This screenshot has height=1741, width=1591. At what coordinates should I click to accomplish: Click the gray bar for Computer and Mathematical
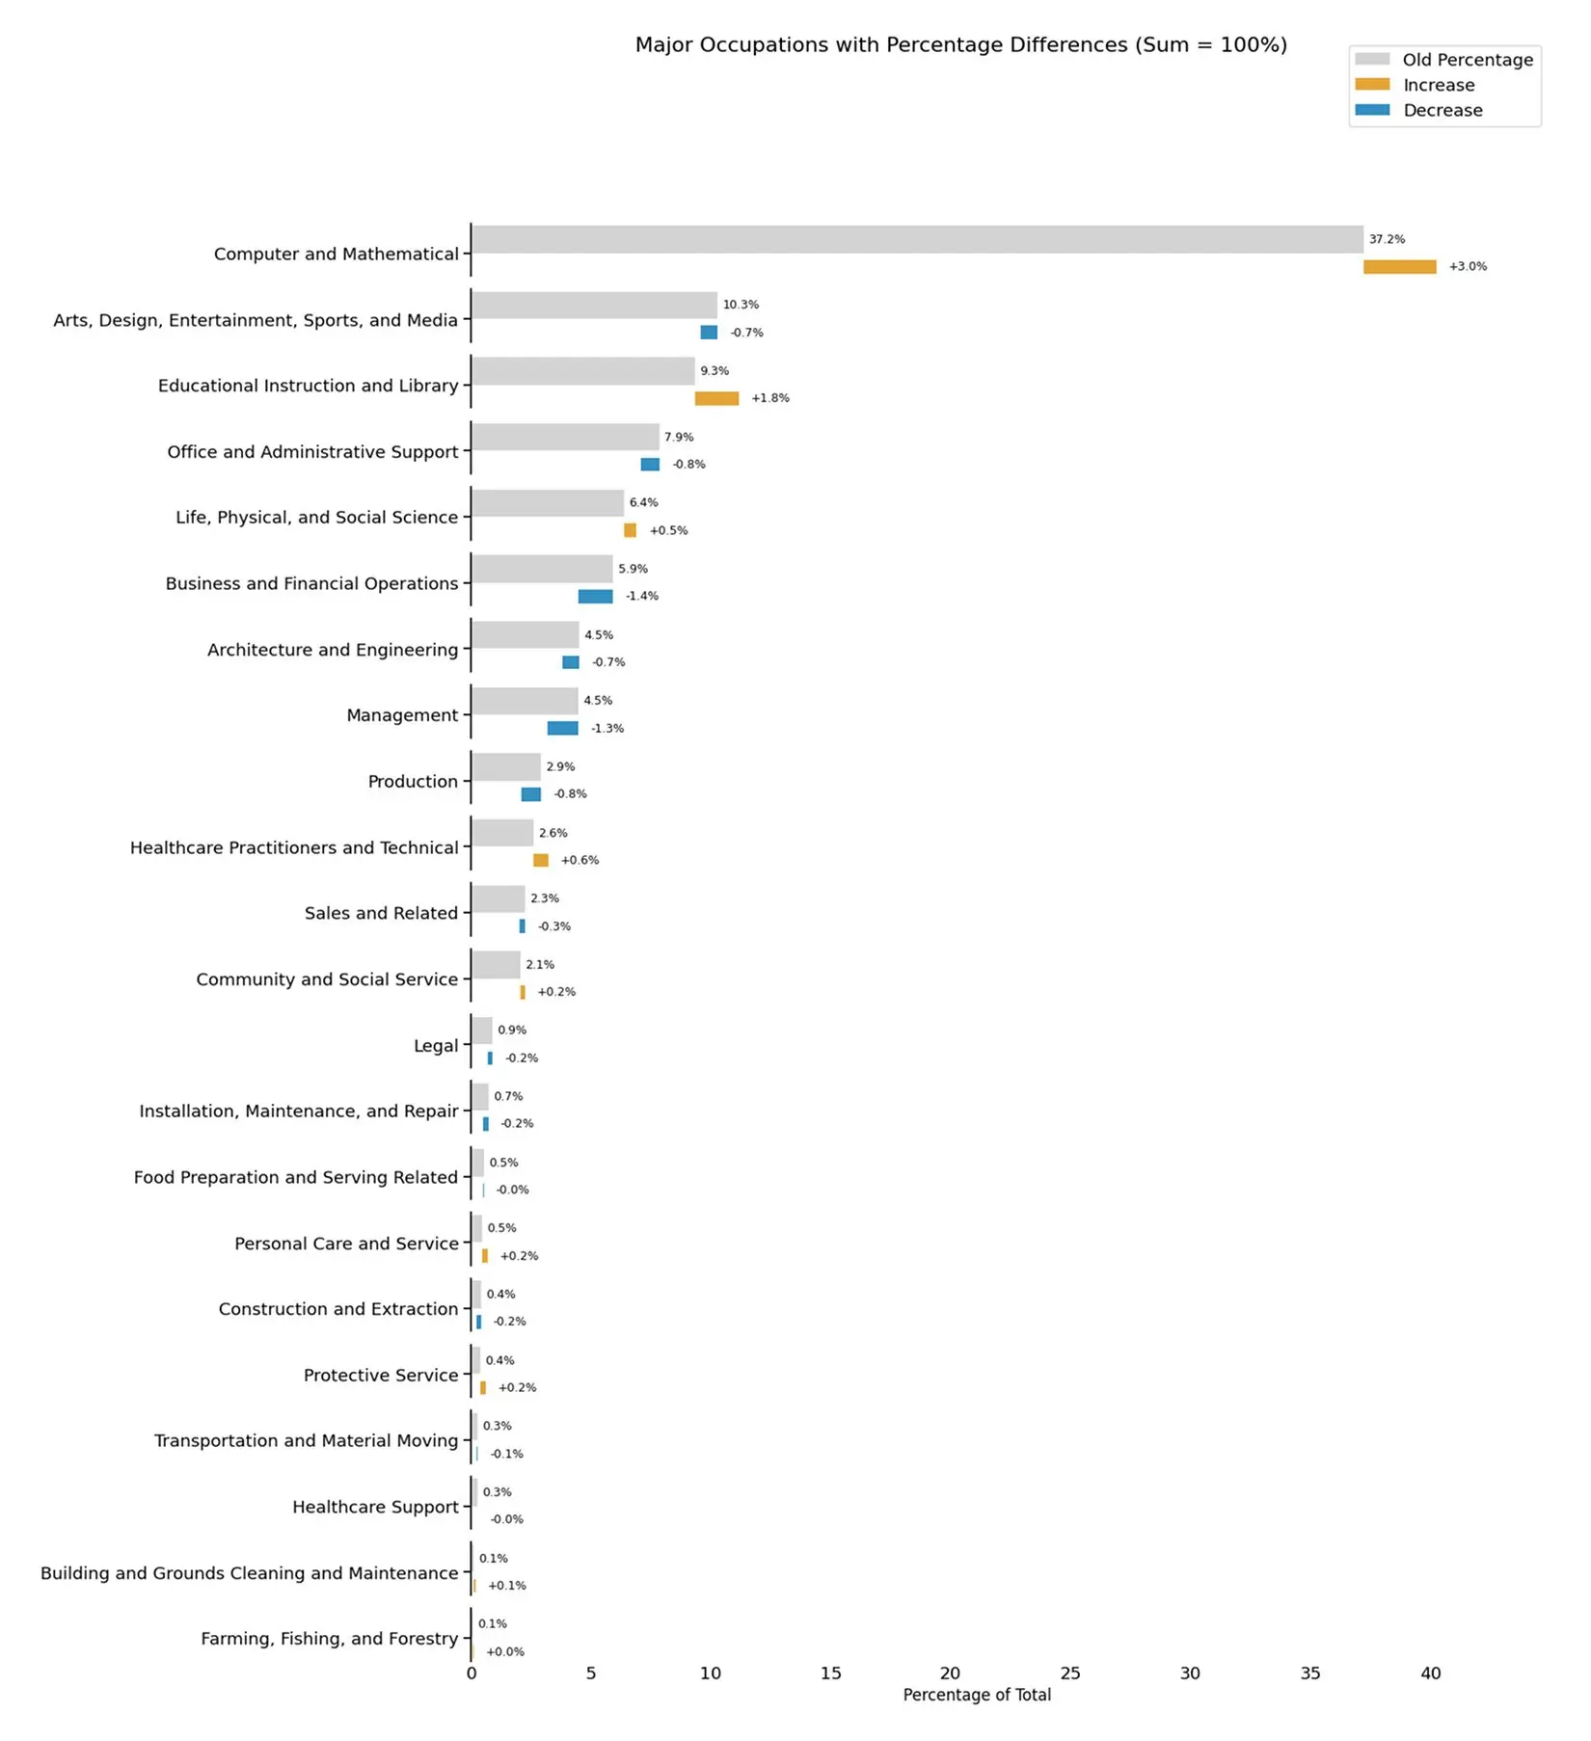pyautogui.click(x=916, y=239)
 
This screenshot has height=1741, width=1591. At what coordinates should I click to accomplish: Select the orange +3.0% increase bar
pyautogui.click(x=1399, y=267)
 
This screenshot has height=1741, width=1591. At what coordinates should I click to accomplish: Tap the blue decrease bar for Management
pyautogui.click(x=562, y=729)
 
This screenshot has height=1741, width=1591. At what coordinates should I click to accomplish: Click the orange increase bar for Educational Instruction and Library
pyautogui.click(x=716, y=398)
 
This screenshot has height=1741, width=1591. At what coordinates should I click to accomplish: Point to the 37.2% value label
pyautogui.click(x=1387, y=239)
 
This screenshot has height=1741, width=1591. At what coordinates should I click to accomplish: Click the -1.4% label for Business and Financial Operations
pyautogui.click(x=641, y=597)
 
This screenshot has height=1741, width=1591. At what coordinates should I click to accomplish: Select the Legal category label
pyautogui.click(x=435, y=1046)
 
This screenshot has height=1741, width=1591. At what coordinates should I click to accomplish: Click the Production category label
pyautogui.click(x=413, y=782)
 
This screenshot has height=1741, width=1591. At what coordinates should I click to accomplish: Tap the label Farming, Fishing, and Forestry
pyautogui.click(x=329, y=1639)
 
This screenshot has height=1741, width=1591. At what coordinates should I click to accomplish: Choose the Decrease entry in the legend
pyautogui.click(x=1443, y=110)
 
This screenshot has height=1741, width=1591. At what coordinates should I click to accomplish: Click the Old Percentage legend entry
pyautogui.click(x=1467, y=60)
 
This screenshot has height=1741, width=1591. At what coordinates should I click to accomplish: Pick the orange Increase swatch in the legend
pyautogui.click(x=1372, y=85)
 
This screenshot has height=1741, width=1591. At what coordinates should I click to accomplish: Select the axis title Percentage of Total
pyautogui.click(x=976, y=1696)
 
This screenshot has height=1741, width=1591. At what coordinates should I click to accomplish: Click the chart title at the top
pyautogui.click(x=960, y=45)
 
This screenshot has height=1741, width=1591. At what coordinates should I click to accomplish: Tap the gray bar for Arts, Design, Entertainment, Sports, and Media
pyautogui.click(x=594, y=306)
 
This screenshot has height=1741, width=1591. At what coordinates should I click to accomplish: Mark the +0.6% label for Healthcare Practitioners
pyautogui.click(x=580, y=861)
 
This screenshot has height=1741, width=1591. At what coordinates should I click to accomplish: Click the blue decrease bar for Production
pyautogui.click(x=530, y=794)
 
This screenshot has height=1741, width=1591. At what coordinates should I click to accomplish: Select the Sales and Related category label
pyautogui.click(x=381, y=914)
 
